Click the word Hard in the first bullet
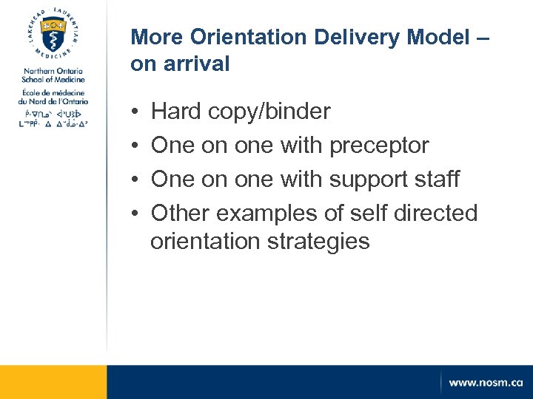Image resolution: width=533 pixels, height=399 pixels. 176,112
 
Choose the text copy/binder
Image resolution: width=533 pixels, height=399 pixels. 269,112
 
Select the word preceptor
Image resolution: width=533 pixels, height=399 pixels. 379,146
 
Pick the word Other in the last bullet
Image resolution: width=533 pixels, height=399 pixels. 181,214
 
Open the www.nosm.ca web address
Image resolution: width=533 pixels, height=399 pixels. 485,383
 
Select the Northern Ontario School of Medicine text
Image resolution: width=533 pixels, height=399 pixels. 53,75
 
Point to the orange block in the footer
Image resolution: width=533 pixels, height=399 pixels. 53,382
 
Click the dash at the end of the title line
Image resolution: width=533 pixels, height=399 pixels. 481,36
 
